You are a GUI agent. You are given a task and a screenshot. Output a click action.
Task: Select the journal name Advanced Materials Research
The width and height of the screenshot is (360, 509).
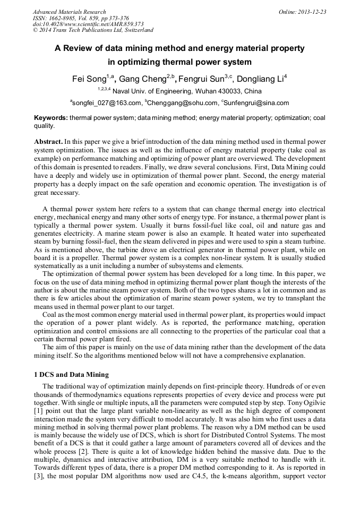coord(69,12)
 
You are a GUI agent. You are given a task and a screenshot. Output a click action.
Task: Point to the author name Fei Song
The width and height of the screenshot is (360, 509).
coord(89,80)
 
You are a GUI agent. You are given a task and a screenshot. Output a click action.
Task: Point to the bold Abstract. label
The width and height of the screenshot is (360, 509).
coord(48,142)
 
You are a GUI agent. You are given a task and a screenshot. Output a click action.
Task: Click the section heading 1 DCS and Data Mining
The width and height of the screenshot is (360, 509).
coord(71,374)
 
